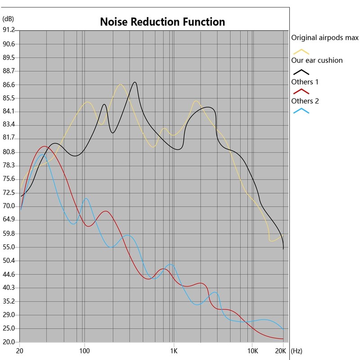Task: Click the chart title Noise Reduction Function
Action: [x=162, y=21]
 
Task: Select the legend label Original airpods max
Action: [x=324, y=37]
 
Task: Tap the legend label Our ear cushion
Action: [x=317, y=60]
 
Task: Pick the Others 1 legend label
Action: [x=305, y=82]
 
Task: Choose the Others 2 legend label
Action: [x=305, y=101]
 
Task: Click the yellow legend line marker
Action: [x=301, y=51]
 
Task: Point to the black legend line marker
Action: [x=301, y=72]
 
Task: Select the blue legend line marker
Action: [x=301, y=111]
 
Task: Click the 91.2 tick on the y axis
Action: [x=9, y=30]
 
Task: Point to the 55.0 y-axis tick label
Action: [x=9, y=247]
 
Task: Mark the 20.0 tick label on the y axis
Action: [x=9, y=342]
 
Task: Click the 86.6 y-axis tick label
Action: [x=9, y=85]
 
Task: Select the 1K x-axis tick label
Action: [x=173, y=350]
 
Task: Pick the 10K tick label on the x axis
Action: [x=253, y=350]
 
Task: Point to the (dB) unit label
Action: [x=8, y=18]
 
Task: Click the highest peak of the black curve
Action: [x=135, y=82]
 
